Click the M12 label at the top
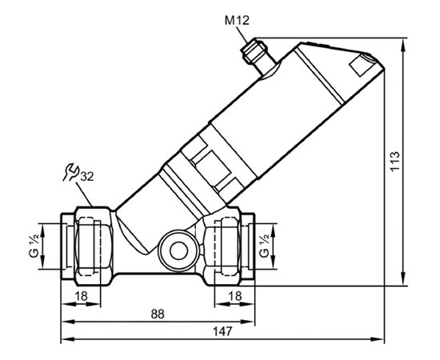click(x=237, y=21)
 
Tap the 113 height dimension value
click(x=395, y=161)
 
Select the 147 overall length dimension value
click(x=222, y=331)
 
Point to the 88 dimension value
click(x=158, y=314)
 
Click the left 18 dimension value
click(x=81, y=296)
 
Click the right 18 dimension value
click(x=235, y=296)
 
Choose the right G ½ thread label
click(x=264, y=246)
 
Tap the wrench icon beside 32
click(x=70, y=171)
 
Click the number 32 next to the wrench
click(x=87, y=177)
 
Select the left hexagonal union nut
click(x=94, y=246)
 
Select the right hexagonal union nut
click(x=222, y=246)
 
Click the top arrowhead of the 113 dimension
click(x=403, y=45)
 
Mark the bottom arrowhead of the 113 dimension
click(x=403, y=278)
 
